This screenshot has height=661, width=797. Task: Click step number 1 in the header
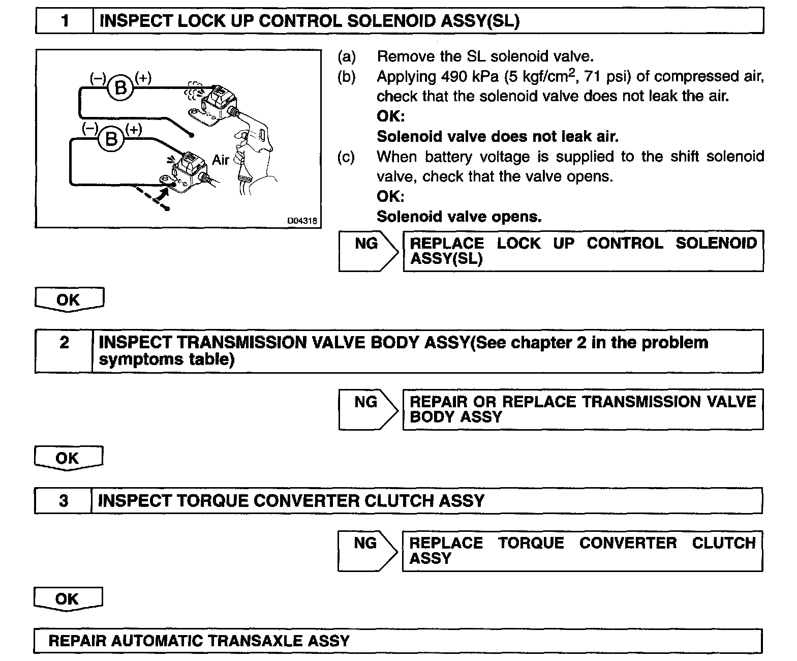pyautogui.click(x=65, y=21)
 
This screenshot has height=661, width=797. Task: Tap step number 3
pyautogui.click(x=63, y=501)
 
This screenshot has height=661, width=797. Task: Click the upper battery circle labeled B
pyautogui.click(x=121, y=88)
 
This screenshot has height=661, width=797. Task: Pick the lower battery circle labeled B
pyautogui.click(x=111, y=139)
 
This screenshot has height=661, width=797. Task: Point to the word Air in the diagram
pyautogui.click(x=221, y=160)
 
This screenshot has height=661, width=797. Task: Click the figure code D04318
pyautogui.click(x=302, y=221)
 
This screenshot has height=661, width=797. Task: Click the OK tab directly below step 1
pyautogui.click(x=69, y=299)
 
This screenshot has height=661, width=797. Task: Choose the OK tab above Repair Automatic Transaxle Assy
pyautogui.click(x=68, y=598)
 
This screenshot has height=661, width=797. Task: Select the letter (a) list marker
pyautogui.click(x=347, y=56)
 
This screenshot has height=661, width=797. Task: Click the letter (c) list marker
pyautogui.click(x=347, y=157)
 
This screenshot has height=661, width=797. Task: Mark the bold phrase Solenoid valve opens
pyautogui.click(x=459, y=217)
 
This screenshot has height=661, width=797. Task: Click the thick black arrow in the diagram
pyautogui.click(x=162, y=195)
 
